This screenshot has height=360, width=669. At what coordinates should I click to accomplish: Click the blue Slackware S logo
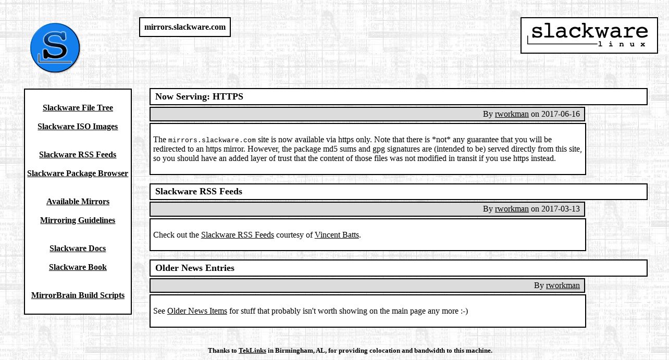point(55,48)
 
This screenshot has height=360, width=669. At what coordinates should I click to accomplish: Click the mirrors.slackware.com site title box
point(185,27)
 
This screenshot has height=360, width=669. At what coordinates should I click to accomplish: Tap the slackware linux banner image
point(589,35)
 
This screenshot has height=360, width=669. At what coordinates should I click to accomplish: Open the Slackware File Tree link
point(78,108)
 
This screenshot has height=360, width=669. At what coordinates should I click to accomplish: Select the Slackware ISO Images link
point(78,127)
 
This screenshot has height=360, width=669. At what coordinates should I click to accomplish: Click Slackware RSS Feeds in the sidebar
point(78,155)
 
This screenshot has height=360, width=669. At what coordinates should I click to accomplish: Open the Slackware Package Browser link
point(78,173)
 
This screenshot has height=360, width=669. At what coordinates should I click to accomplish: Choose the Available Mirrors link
point(78,202)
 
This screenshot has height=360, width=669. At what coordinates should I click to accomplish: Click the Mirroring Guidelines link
point(78,220)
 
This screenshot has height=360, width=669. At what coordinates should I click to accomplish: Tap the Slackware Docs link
point(78,249)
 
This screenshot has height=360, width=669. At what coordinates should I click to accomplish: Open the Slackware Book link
point(78,267)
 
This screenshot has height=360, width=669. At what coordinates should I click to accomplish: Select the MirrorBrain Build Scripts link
point(78,295)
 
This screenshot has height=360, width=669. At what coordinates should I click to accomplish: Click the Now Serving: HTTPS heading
point(199,96)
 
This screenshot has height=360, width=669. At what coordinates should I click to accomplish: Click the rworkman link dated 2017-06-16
point(512,114)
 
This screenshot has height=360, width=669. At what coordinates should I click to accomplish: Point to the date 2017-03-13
point(560,209)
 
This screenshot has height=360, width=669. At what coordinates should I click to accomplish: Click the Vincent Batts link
point(337,235)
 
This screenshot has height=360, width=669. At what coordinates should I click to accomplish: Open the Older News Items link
point(197,311)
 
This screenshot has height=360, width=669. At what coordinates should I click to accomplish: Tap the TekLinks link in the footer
point(252,351)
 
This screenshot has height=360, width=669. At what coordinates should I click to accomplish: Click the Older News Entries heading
point(195,268)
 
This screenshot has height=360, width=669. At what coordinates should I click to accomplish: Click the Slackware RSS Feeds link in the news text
point(237,235)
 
